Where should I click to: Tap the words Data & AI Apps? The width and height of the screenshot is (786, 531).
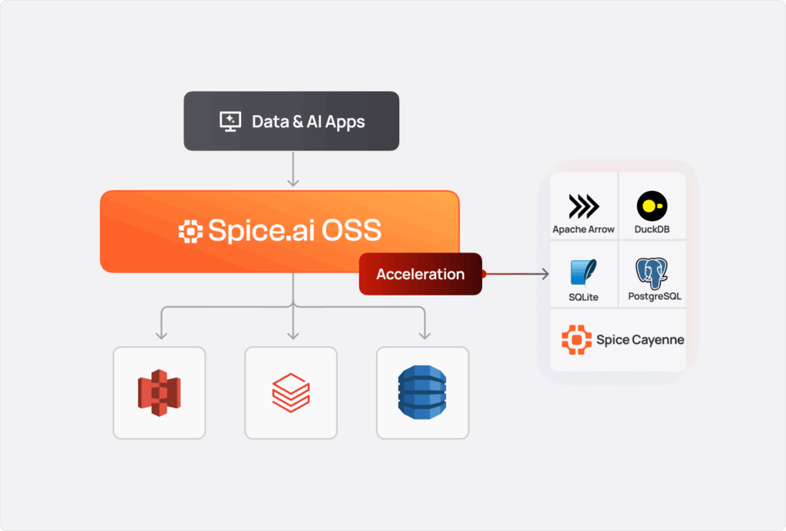[x=308, y=121]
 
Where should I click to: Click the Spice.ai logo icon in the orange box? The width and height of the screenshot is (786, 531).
[x=190, y=232]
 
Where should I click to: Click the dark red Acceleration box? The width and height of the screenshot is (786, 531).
[x=420, y=274]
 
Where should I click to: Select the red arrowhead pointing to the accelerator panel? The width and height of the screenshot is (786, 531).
[x=544, y=274]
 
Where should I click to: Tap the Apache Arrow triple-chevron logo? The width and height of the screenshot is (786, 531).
[x=583, y=206]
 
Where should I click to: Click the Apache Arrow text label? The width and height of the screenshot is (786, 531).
[x=583, y=229]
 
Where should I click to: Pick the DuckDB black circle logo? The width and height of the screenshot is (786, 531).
[x=652, y=206]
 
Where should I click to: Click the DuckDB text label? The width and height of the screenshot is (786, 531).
[x=652, y=229]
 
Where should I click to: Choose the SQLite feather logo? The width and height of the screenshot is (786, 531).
[x=583, y=273]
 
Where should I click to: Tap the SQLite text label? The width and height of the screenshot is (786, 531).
[x=584, y=297]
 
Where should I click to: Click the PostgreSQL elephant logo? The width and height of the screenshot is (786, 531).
[x=652, y=273]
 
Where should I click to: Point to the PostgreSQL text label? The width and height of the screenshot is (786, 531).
[x=652, y=297]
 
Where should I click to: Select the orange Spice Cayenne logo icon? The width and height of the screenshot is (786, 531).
[x=576, y=339]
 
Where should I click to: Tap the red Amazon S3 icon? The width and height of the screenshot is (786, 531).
[x=159, y=393]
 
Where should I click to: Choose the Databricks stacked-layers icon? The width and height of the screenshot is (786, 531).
[x=291, y=393]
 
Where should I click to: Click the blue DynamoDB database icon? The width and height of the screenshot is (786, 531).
[x=422, y=393]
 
